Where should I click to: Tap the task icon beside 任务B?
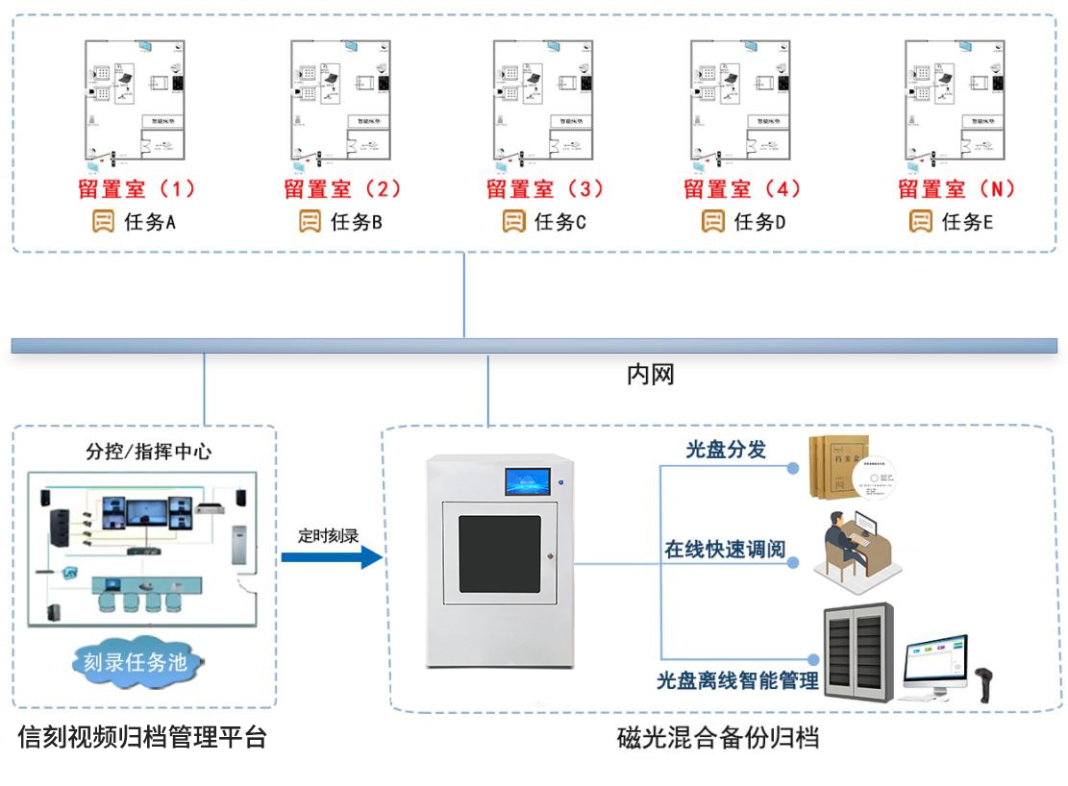point(310,222)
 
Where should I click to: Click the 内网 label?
point(650,375)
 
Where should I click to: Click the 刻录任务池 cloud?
point(141,662)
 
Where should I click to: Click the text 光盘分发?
point(725,449)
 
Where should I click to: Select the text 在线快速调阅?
point(725,551)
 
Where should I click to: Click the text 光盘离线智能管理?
point(736,680)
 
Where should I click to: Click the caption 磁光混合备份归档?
point(717,738)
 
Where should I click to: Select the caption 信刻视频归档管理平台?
point(142,738)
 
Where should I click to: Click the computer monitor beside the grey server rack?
point(934,661)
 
